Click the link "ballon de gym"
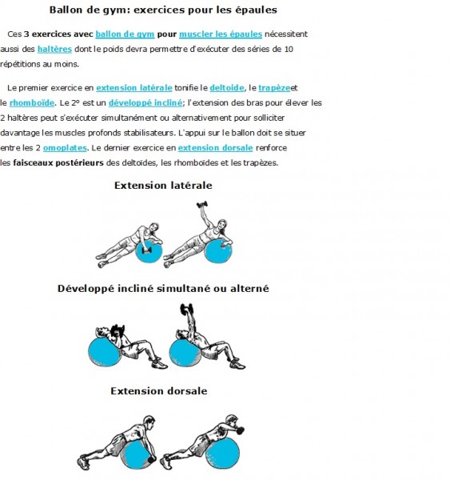point(125,34)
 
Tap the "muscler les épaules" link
point(221,34)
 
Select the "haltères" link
point(54,49)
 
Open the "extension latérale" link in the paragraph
point(134,88)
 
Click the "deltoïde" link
point(227,88)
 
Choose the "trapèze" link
point(274,88)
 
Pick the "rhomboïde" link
point(32,103)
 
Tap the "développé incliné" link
point(145,103)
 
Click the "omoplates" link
point(65,148)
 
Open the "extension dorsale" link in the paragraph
point(215,148)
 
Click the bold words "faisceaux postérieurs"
point(58,163)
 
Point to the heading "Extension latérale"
point(163,186)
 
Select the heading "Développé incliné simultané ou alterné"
point(163,288)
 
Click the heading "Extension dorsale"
point(159,391)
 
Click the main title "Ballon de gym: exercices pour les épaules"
point(163,10)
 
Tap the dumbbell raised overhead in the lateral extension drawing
point(202,205)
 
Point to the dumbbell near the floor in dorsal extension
point(151,460)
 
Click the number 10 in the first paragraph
point(289,50)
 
